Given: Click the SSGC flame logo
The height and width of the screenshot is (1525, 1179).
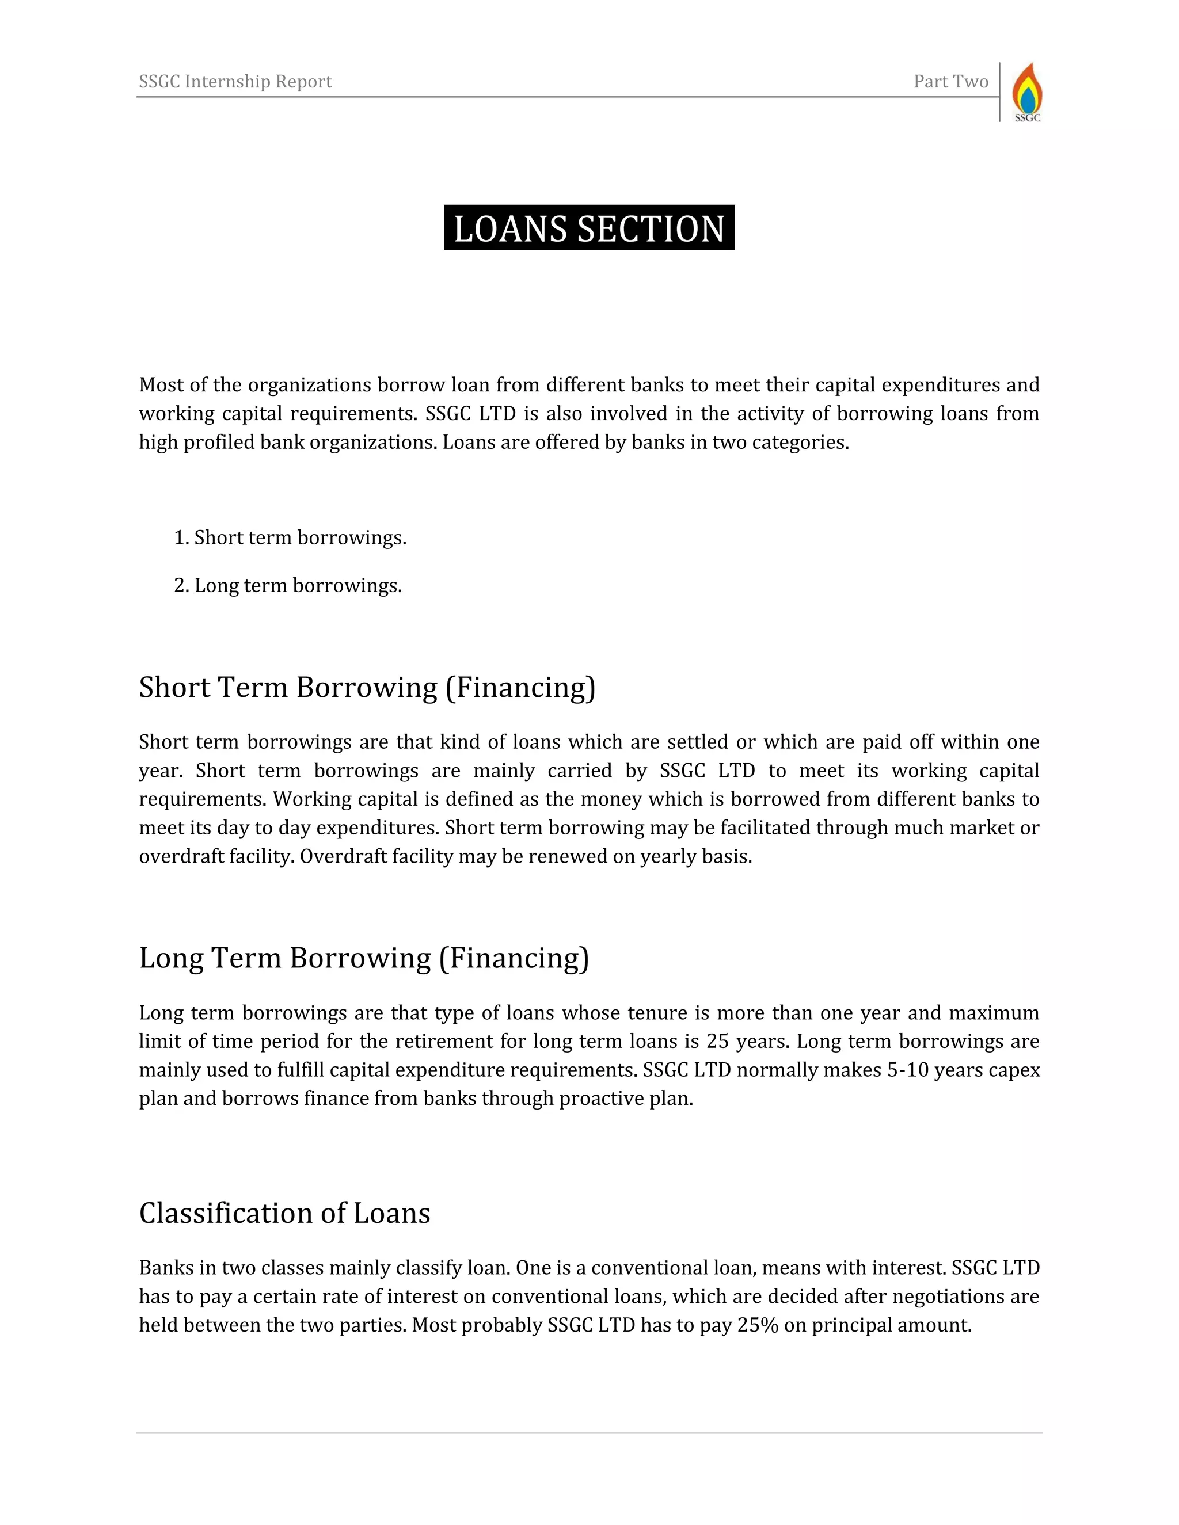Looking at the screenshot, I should tap(1027, 91).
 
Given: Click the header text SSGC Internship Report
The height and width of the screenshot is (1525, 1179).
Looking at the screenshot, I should tap(235, 82).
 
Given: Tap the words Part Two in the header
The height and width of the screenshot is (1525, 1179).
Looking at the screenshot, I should tap(950, 82).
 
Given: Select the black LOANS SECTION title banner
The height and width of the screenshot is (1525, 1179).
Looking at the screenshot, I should tap(589, 228).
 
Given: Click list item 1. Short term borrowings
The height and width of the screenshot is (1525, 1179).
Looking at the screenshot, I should tap(290, 537).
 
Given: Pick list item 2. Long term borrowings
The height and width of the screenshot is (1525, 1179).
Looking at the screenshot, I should tap(288, 585).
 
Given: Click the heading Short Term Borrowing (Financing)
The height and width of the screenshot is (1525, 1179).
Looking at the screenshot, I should tap(367, 687).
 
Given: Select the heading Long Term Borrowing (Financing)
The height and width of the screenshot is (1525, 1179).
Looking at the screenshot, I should tap(364, 958).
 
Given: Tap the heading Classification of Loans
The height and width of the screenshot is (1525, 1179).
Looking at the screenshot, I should tap(284, 1213).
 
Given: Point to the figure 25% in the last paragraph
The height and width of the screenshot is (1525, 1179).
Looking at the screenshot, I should tap(757, 1325).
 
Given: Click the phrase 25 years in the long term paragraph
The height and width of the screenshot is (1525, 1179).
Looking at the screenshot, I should tap(747, 1041).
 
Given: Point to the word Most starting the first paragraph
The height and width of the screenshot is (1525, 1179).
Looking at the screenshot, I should tap(160, 385).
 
